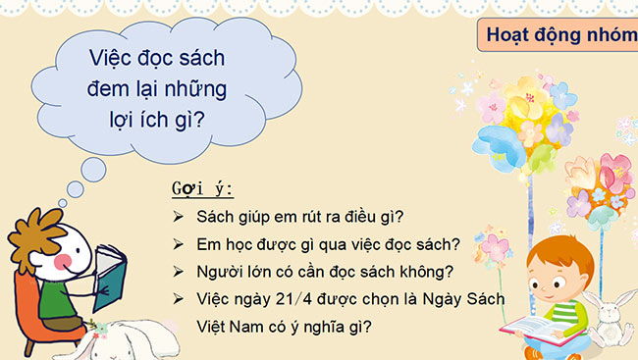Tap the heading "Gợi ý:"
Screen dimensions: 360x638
coord(202,188)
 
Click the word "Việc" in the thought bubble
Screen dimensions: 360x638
coord(108,59)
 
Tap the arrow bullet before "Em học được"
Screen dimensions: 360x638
coord(178,243)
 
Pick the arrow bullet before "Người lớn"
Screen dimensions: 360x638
coord(178,270)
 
